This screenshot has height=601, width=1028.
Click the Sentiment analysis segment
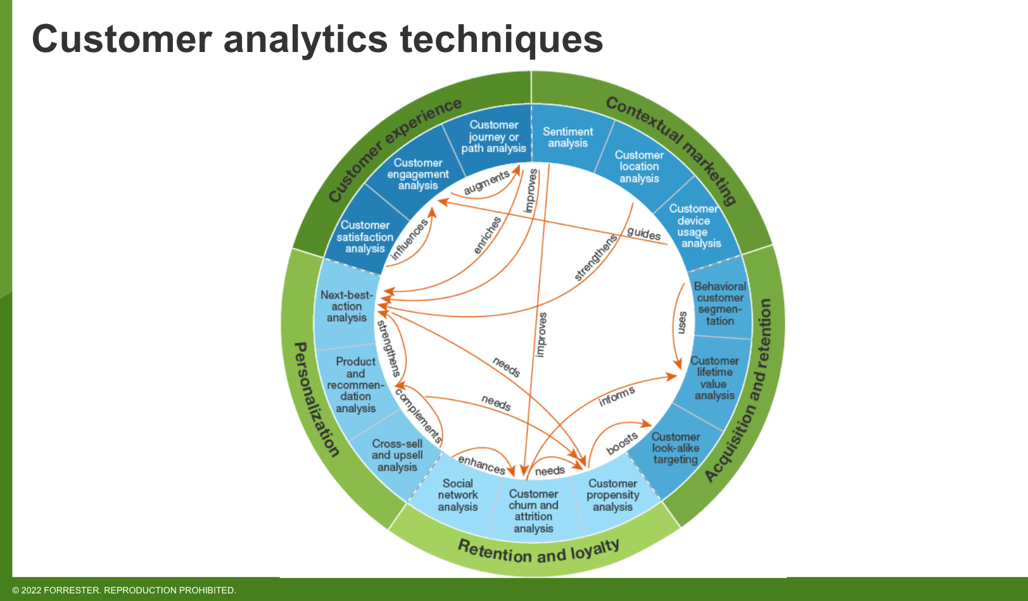coord(568,137)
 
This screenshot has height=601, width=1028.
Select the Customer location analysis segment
coord(639,166)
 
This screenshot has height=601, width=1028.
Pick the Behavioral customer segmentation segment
coord(720,304)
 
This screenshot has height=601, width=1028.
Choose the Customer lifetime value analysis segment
coord(714,378)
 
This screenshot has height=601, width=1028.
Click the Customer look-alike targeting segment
coord(675,448)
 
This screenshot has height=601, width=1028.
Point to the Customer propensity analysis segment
coord(612,495)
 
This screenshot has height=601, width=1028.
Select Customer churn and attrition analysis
coord(533,511)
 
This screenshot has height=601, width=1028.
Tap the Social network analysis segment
coord(457,495)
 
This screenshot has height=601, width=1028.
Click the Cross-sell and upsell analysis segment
coord(397,455)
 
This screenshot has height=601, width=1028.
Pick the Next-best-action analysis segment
coord(346,306)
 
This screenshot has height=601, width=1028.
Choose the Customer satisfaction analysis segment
coord(365,236)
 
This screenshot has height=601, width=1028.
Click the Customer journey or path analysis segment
coord(493,136)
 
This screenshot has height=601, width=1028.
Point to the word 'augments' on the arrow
coord(486,183)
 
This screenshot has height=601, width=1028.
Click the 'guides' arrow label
coord(644,233)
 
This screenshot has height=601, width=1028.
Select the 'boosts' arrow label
coord(622,444)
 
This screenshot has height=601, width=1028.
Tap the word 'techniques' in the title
coord(501,39)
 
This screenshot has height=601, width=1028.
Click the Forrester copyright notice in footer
coord(124,590)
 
